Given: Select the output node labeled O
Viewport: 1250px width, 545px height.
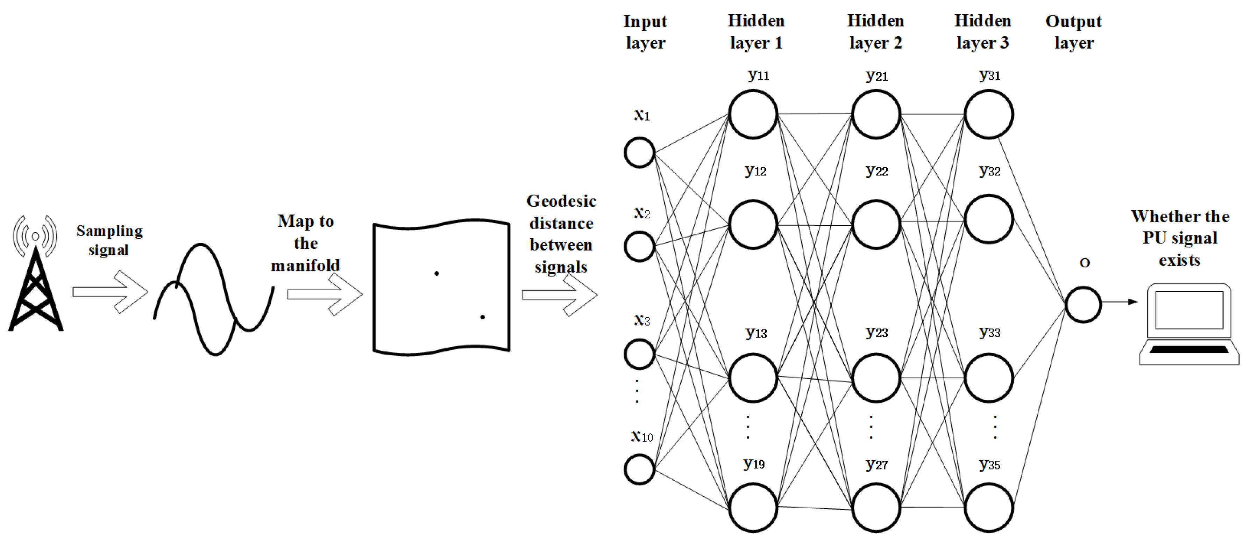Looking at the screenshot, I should (x=1083, y=305).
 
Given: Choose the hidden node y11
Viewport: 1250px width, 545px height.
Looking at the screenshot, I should (x=753, y=115).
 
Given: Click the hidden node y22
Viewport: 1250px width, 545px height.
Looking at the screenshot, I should (x=876, y=225).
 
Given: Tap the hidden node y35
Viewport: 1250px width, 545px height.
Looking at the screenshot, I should (x=988, y=508).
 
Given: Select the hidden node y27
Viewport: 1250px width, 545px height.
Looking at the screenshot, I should (x=876, y=508).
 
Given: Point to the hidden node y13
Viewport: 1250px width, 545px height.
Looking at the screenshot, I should (x=753, y=378).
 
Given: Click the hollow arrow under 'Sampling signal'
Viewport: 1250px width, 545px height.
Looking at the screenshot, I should (x=110, y=292).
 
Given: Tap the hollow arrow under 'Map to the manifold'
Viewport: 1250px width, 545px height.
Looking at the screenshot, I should (x=324, y=294).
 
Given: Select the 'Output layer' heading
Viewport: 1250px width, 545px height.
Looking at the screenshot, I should (x=1073, y=32).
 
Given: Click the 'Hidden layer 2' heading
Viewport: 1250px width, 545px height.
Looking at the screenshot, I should (x=875, y=32).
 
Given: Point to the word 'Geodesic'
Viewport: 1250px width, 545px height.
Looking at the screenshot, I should (x=561, y=201).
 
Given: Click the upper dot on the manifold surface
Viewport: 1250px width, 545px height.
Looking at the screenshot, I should (x=437, y=274).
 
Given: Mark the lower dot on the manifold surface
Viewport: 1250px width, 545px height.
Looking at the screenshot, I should (x=482, y=317).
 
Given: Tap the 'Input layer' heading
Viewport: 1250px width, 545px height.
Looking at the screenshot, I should (x=645, y=32).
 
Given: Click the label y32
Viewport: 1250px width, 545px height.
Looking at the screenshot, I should (x=989, y=171).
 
